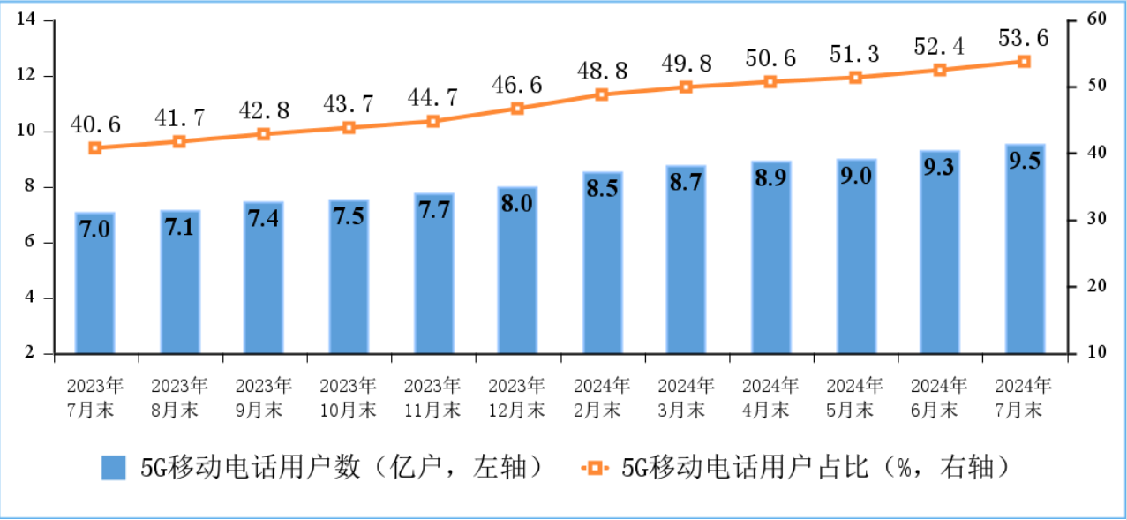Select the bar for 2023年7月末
pyautogui.click(x=95, y=283)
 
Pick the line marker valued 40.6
pyautogui.click(x=95, y=147)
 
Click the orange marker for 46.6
pyautogui.click(x=517, y=109)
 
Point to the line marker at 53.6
pyautogui.click(x=1025, y=62)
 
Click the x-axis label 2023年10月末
pyautogui.click(x=348, y=398)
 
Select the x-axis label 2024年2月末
pyautogui.click(x=602, y=398)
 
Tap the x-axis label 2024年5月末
pyautogui.click(x=855, y=398)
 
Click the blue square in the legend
pyautogui.click(x=114, y=468)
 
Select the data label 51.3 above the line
pyautogui.click(x=855, y=54)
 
